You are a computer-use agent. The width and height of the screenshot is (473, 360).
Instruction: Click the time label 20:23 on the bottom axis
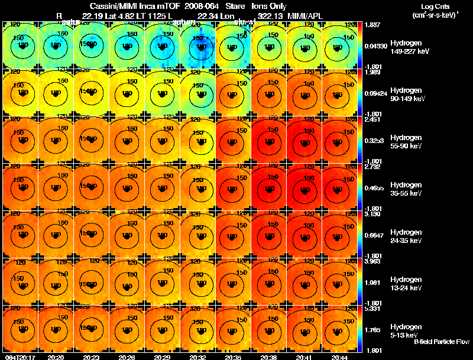tap(92, 357)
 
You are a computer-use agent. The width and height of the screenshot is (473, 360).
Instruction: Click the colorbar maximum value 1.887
tap(372, 25)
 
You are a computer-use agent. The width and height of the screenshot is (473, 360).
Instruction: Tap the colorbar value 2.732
tap(372, 167)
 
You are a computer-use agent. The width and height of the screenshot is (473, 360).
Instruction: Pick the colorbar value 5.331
tap(372, 309)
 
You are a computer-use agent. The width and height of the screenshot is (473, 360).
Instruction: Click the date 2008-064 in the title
tap(192, 6)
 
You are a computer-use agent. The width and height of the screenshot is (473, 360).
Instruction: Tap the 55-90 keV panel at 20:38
tap(269, 140)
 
